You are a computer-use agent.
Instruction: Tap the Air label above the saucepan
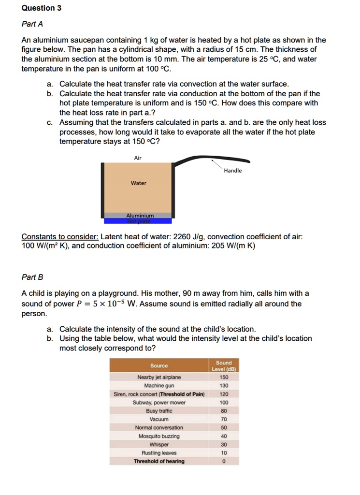coord(138,158)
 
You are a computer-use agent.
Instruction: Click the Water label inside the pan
coord(138,183)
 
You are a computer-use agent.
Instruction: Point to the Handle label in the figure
coord(232,171)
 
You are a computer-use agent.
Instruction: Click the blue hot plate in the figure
coord(138,221)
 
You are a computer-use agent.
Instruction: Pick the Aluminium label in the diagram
coord(140,216)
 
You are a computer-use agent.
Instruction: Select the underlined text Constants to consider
coord(60,237)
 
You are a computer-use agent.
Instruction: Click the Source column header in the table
coord(159,365)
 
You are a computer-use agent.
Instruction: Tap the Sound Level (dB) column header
coord(224,365)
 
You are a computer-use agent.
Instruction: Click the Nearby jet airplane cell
coord(159,378)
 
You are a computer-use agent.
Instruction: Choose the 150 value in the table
coord(224,378)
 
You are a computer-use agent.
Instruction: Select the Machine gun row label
coord(159,386)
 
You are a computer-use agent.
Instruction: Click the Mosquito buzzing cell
coord(159,436)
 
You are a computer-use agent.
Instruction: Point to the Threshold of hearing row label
coord(159,461)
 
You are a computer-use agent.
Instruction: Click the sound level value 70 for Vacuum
coord(224,419)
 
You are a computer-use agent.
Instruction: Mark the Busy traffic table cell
coord(159,411)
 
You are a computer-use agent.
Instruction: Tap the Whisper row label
coord(159,444)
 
